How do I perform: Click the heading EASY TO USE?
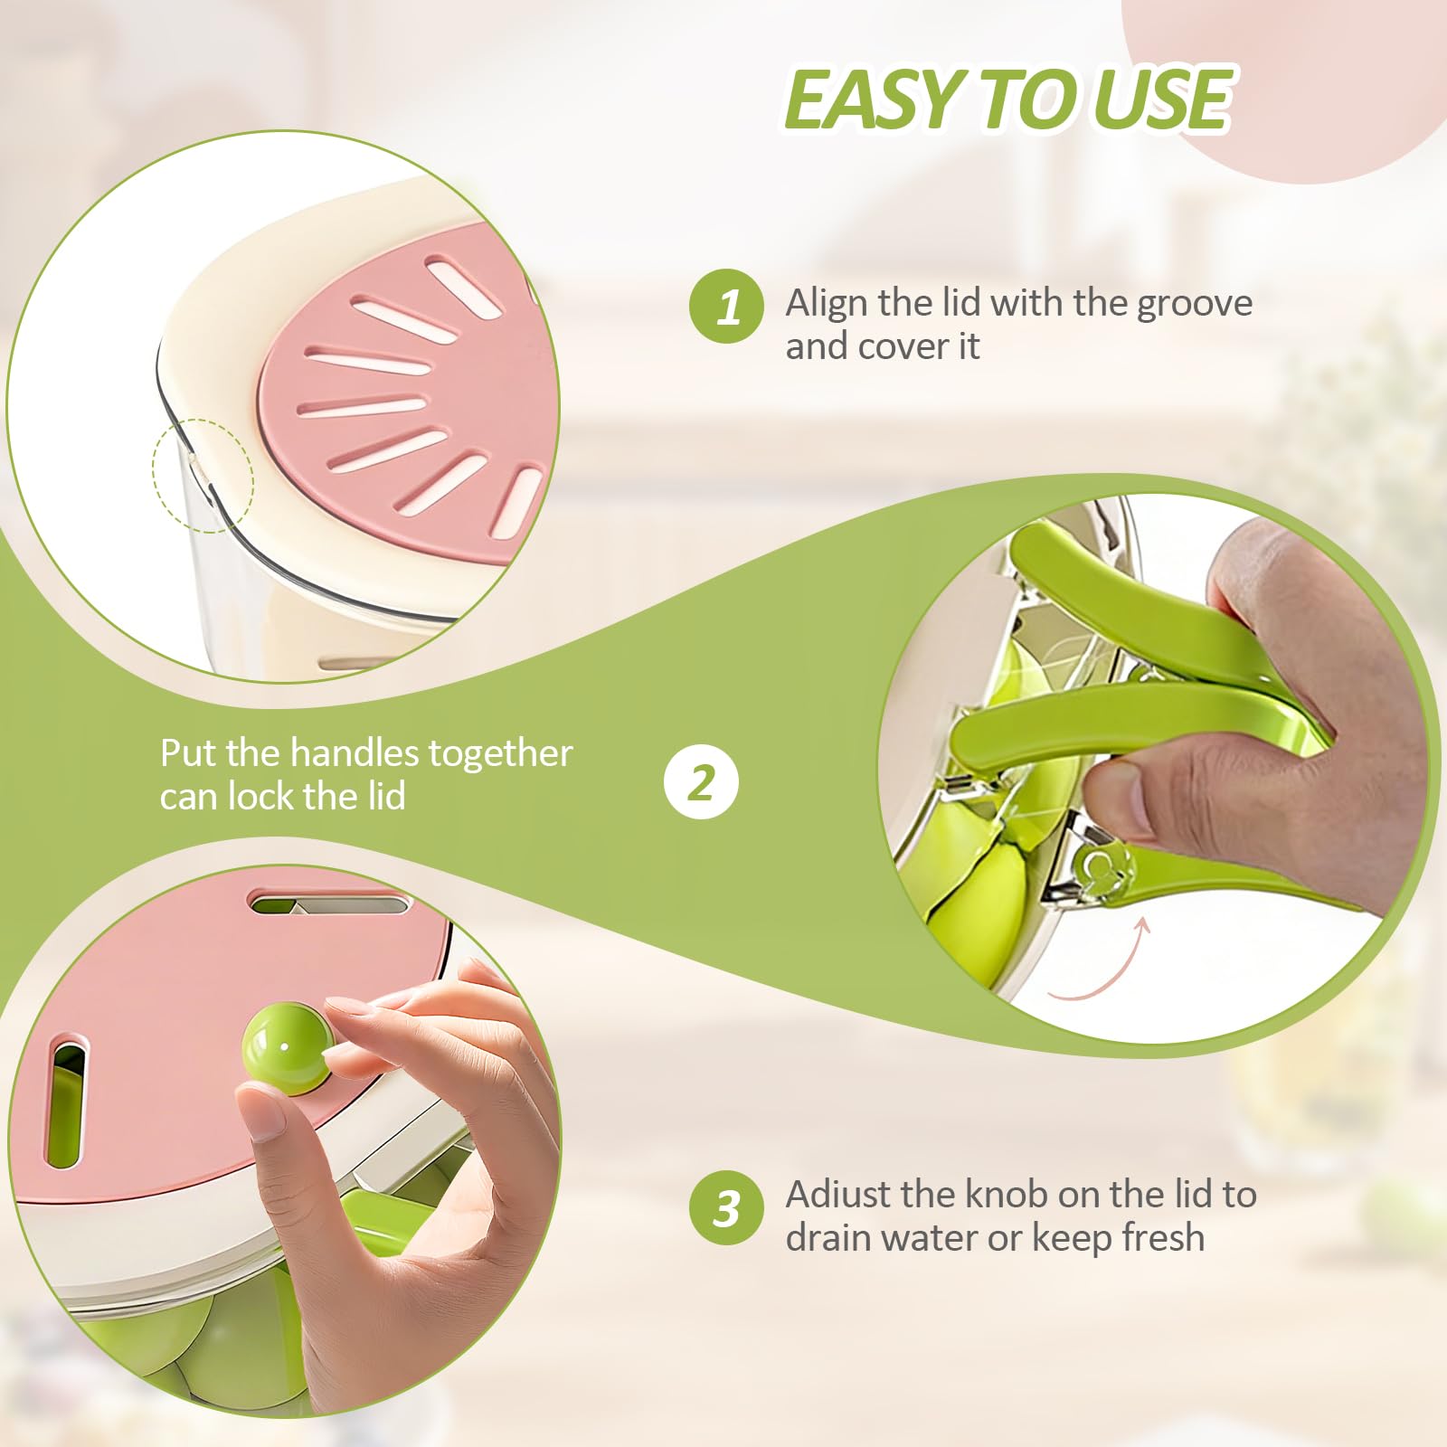1008,99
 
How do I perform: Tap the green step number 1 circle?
727,306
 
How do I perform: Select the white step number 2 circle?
701,782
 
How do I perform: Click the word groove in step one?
1195,305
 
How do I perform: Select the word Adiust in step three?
837,1195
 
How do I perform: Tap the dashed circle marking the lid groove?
203,475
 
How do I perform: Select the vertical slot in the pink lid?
68,1104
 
